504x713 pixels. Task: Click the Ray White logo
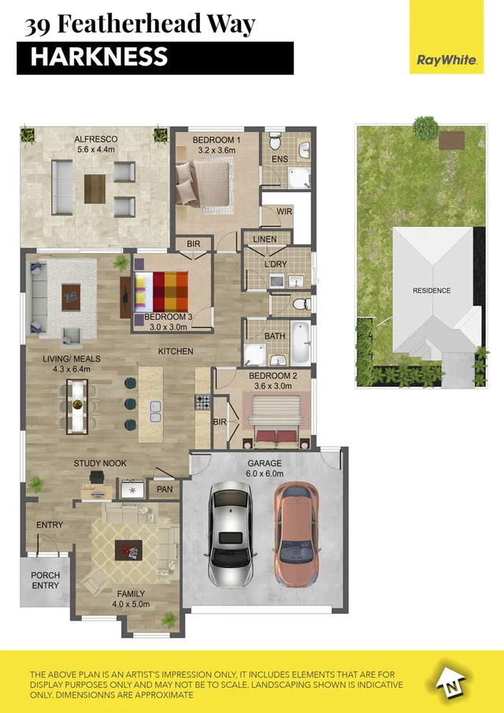[447, 59]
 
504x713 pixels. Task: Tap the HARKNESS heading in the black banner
[99, 57]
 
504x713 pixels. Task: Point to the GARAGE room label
[265, 464]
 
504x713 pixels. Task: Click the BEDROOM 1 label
[217, 139]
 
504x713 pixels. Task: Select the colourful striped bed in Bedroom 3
[163, 291]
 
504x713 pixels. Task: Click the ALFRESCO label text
[96, 139]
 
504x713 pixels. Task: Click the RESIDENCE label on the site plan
[432, 291]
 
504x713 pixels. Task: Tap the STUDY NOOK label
[100, 463]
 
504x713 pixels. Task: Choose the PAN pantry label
[165, 489]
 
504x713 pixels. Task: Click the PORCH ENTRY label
[45, 580]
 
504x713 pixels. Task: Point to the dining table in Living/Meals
[77, 405]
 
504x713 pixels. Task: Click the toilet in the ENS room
[275, 143]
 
